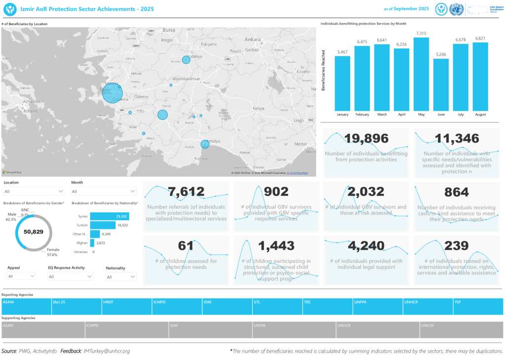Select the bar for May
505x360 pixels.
click(421, 74)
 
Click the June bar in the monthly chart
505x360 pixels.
click(441, 85)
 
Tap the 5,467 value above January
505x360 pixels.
click(342, 52)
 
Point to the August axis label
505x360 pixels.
click(480, 114)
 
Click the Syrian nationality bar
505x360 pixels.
click(109, 216)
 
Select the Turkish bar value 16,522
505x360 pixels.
click(122, 225)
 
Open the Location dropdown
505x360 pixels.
click(34, 191)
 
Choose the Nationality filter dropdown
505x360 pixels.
click(121, 277)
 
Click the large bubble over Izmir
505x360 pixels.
click(112, 93)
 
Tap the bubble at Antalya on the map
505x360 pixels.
click(205, 144)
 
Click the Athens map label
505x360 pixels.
click(30, 111)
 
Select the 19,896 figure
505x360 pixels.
click(366, 139)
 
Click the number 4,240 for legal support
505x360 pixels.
click(366, 246)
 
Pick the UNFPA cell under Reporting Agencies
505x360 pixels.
click(378, 306)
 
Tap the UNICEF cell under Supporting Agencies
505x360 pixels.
click(461, 330)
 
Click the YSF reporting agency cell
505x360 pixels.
click(478, 306)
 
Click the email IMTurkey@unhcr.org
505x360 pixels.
click(107, 351)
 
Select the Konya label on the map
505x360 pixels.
click(258, 108)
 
